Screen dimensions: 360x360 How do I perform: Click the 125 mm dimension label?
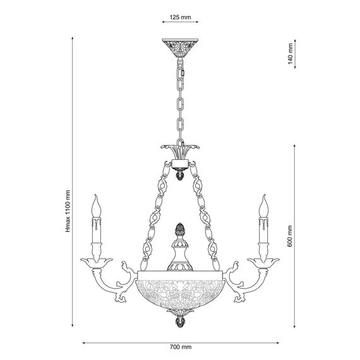(180, 17)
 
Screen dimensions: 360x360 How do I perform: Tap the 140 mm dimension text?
(290, 54)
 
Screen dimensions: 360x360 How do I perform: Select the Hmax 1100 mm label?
(68, 211)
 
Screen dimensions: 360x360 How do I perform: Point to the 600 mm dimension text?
(290, 236)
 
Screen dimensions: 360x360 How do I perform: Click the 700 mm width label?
(181, 347)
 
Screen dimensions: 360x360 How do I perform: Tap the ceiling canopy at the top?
(180, 48)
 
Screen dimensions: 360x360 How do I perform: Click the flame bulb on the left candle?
(96, 206)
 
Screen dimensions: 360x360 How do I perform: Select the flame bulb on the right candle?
(263, 206)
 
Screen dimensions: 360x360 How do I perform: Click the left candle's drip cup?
(97, 262)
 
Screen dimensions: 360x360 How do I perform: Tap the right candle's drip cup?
(263, 262)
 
